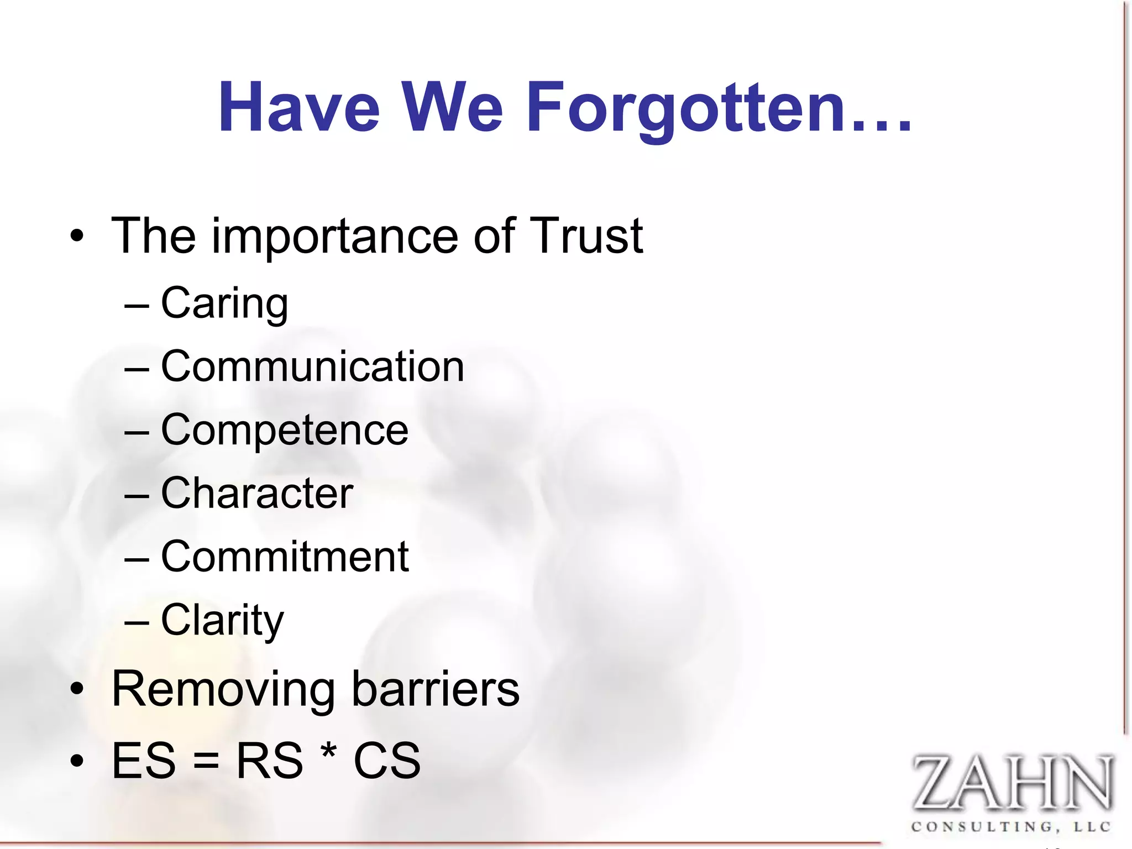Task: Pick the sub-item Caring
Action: click(224, 304)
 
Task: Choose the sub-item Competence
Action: click(285, 431)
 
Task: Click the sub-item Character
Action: click(257, 493)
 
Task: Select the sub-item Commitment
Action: click(285, 557)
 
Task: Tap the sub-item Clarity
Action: click(222, 621)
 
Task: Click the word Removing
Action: click(223, 690)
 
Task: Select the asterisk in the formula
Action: click(328, 753)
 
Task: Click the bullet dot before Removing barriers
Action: click(77, 690)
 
